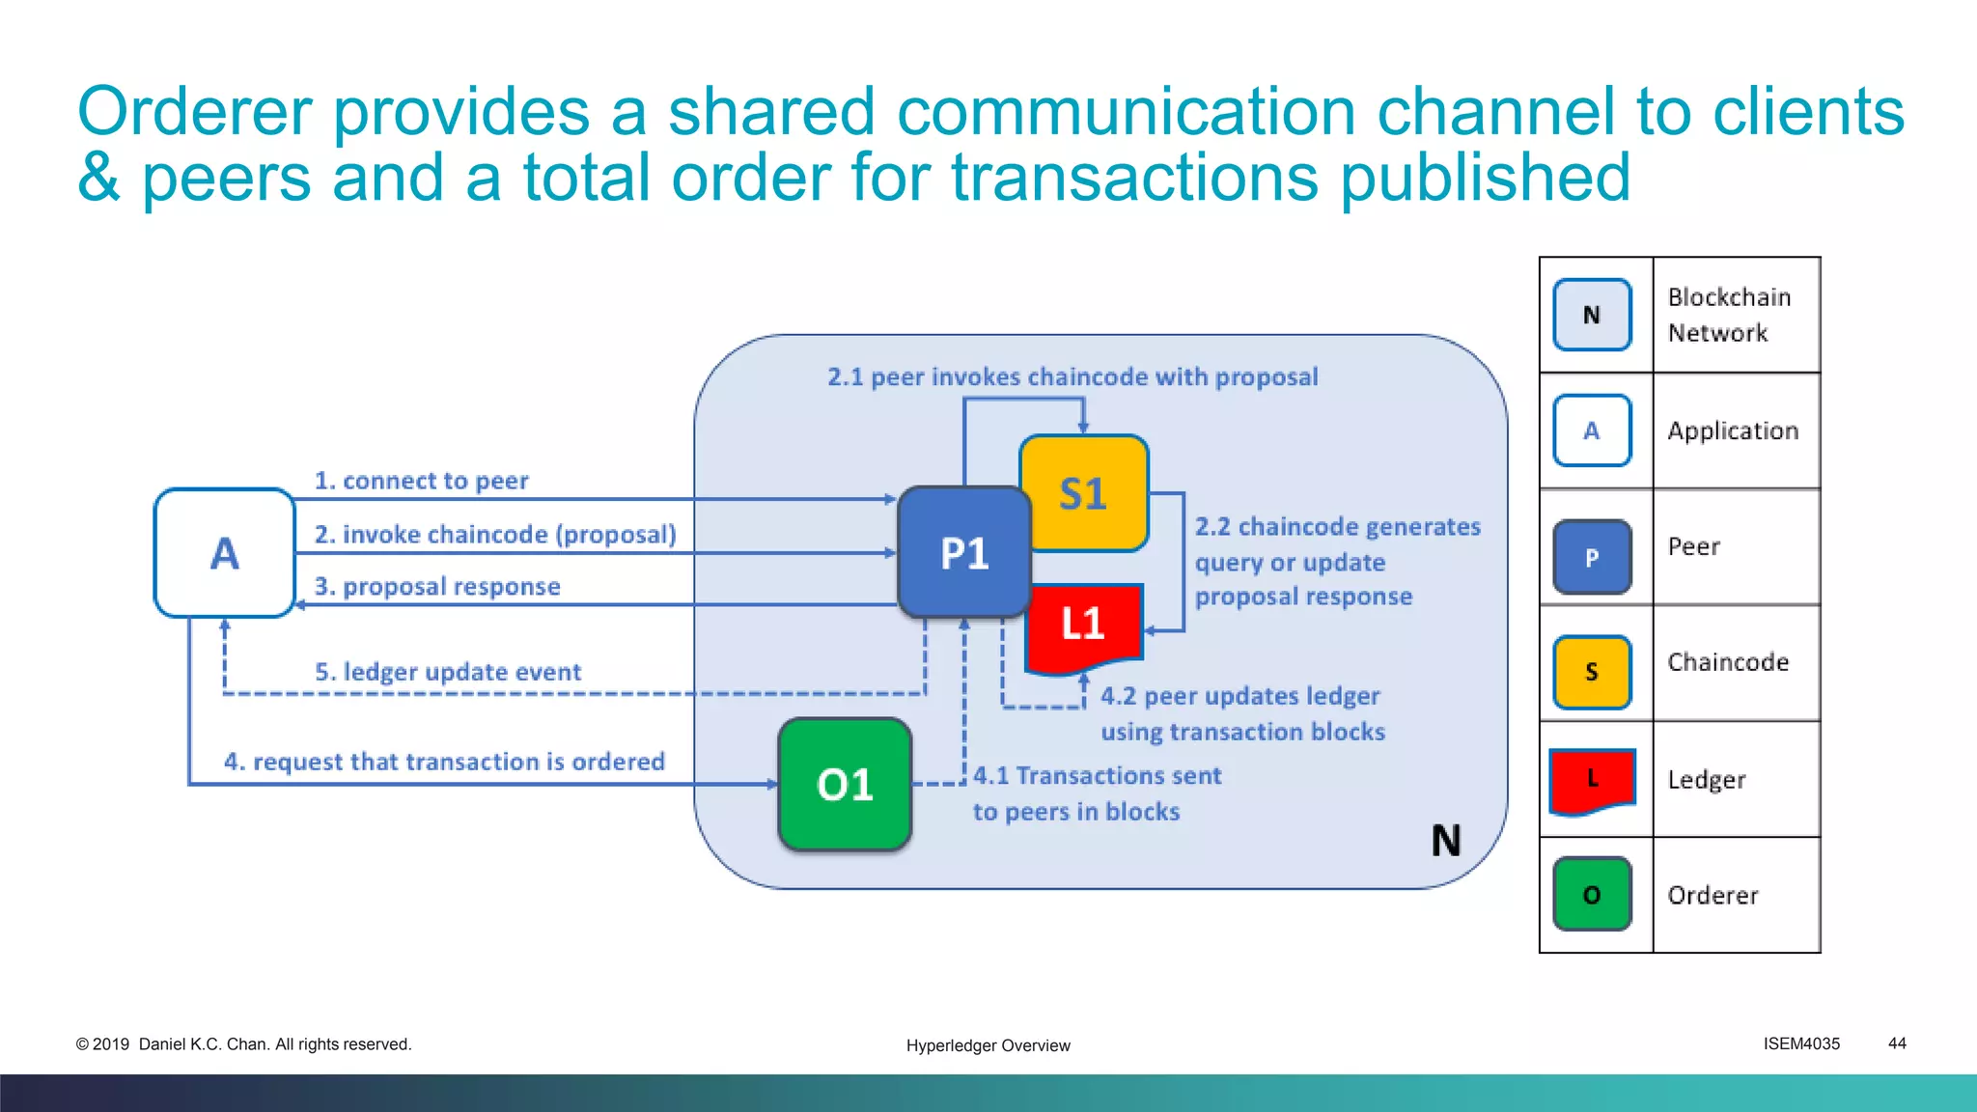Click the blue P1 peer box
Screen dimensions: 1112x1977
tap(963, 552)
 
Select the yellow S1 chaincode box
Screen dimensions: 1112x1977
tap(1083, 493)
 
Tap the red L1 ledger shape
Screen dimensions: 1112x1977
tap(1084, 625)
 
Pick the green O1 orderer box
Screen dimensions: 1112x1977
tap(845, 785)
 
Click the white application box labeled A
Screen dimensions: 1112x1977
tap(224, 553)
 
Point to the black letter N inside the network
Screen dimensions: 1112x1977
tap(1445, 841)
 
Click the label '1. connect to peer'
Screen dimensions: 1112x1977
tap(421, 481)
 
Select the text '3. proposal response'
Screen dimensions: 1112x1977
tap(437, 587)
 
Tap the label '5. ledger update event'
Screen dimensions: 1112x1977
tap(448, 672)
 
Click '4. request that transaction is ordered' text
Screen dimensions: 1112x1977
tap(444, 762)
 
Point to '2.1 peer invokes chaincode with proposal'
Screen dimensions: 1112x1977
tap(1072, 376)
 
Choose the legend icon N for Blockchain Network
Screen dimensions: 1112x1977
tap(1592, 315)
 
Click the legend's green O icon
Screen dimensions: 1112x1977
tap(1592, 895)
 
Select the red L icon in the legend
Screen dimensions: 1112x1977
tap(1592, 779)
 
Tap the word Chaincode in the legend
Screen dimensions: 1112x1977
tap(1728, 662)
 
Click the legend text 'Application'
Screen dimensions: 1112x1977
tap(1733, 431)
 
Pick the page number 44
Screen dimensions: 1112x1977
tap(1897, 1043)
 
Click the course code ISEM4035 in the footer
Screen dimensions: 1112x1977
tap(1801, 1043)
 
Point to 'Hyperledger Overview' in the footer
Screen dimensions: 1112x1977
tap(988, 1045)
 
